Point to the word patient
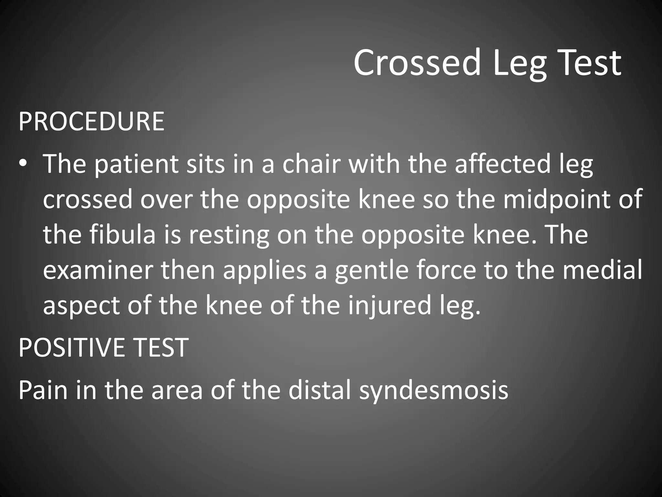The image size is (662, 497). pos(136,164)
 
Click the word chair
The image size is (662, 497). pos(311,164)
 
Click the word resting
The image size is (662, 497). pos(229,235)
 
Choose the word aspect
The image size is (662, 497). pos(81,306)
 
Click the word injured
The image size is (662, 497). pos(389,306)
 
